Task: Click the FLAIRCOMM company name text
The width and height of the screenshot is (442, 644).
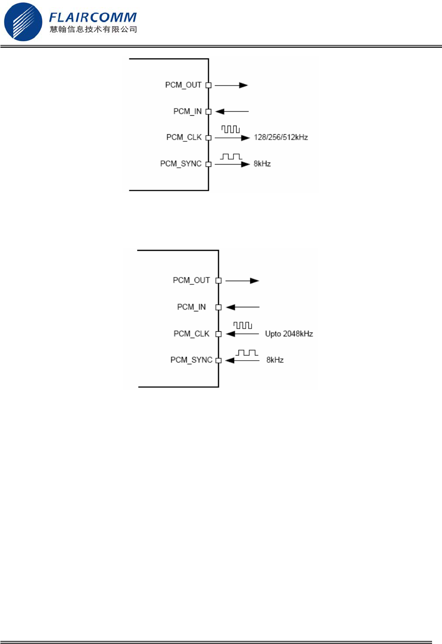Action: (x=93, y=17)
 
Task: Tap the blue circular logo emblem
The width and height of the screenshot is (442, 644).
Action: (x=23, y=22)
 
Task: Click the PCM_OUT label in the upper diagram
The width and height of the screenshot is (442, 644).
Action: (x=183, y=85)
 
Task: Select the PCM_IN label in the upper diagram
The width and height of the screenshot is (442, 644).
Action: (x=187, y=111)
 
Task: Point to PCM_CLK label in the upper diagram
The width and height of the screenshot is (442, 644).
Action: (x=184, y=137)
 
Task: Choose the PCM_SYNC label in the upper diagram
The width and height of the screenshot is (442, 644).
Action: (x=181, y=164)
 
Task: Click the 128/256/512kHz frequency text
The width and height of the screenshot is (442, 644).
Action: (x=281, y=137)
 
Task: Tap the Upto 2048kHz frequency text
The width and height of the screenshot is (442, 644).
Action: (x=289, y=334)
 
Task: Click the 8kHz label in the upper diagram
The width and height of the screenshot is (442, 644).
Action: (x=262, y=164)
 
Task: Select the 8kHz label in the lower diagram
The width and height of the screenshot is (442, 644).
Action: (x=275, y=360)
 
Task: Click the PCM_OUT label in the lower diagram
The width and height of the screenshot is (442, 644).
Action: (x=191, y=280)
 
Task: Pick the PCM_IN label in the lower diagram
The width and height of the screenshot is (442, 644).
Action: (x=191, y=307)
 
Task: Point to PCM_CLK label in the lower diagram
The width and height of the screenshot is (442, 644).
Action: (x=191, y=334)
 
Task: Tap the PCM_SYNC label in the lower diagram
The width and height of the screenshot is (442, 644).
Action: (x=191, y=360)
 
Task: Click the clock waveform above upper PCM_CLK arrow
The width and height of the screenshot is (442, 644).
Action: (x=230, y=129)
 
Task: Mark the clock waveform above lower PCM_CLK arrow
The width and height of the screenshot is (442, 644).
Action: (x=242, y=325)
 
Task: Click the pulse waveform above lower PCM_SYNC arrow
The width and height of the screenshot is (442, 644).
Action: (x=247, y=353)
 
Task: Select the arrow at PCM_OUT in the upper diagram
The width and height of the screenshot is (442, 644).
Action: (x=231, y=85)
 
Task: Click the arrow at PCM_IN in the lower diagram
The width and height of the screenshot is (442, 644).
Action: (x=242, y=307)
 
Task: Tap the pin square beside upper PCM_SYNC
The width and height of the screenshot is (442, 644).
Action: (x=209, y=164)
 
